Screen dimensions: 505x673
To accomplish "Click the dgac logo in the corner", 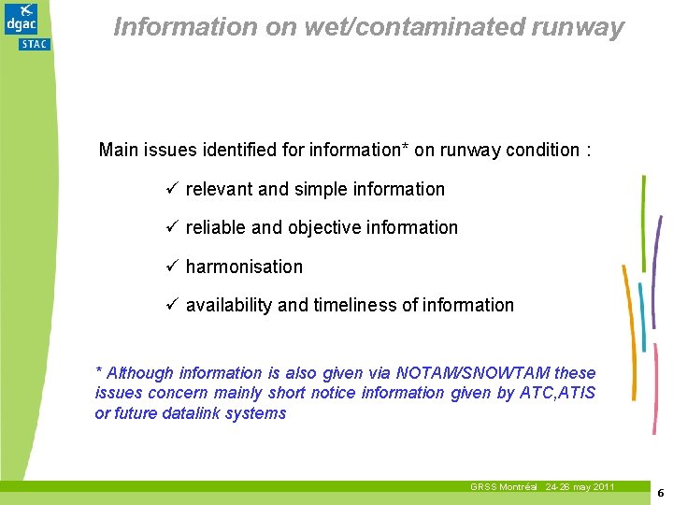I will [x=21, y=18].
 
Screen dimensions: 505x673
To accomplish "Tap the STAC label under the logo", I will [x=36, y=43].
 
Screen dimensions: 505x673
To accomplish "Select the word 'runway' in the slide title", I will [x=587, y=27].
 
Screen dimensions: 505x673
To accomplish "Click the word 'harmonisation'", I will [x=244, y=267].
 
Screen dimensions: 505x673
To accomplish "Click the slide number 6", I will [x=659, y=493].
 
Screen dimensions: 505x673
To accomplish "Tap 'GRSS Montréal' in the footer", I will [x=504, y=487].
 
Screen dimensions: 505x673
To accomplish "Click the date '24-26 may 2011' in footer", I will [x=580, y=487].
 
